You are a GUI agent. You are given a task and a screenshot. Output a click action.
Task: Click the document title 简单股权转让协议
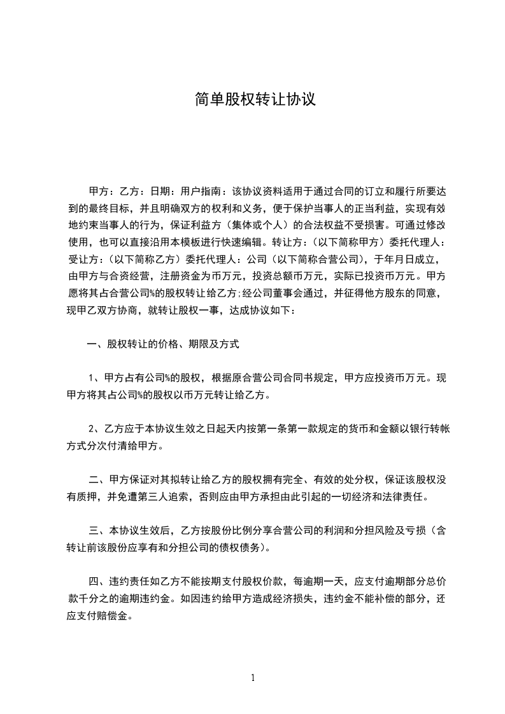pos(255,99)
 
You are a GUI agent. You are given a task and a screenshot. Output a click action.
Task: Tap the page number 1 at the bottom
pos(253,677)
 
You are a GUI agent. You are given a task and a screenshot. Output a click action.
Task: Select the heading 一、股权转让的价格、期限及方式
pos(163,344)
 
